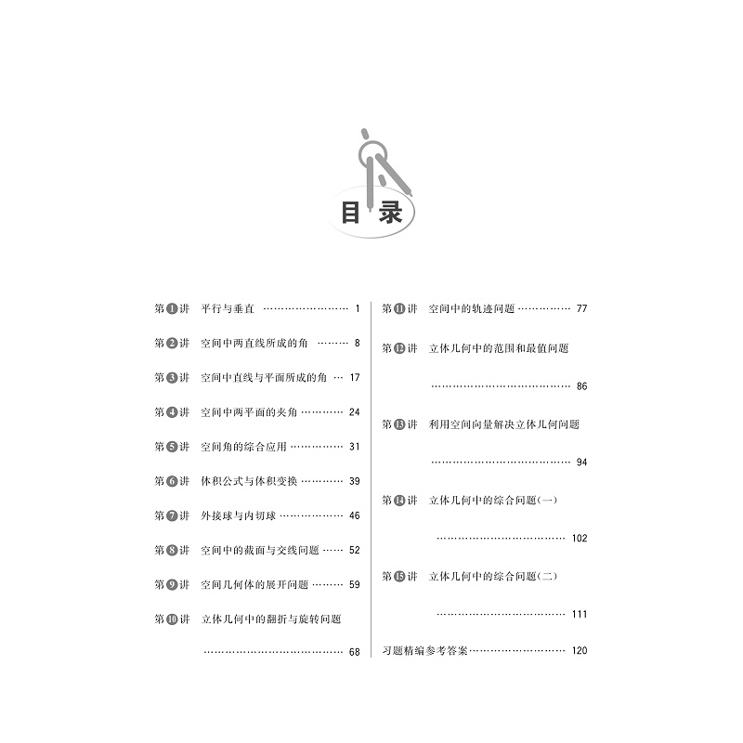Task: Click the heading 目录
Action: pos(371,213)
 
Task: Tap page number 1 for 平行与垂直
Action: pos(357,308)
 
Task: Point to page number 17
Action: pos(353,377)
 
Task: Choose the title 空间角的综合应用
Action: pos(242,446)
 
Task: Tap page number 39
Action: pos(353,480)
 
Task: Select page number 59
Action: pos(353,584)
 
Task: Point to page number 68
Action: pos(353,652)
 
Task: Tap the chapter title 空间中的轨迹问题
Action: pos(471,308)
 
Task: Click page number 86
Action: pos(581,385)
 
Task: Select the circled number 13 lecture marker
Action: pos(400,424)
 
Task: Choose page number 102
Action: pos(580,538)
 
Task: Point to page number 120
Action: pos(580,650)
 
